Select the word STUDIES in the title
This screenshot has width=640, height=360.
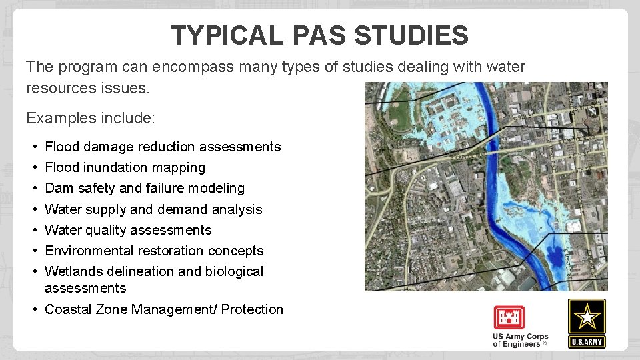(411, 35)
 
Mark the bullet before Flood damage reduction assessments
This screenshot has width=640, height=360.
(33, 147)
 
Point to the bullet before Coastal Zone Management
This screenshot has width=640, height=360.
(33, 309)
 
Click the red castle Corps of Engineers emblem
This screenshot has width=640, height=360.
(509, 318)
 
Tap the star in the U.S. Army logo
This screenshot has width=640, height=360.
(587, 317)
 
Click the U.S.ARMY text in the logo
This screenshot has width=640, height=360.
(587, 342)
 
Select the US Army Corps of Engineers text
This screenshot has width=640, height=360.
(520, 340)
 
